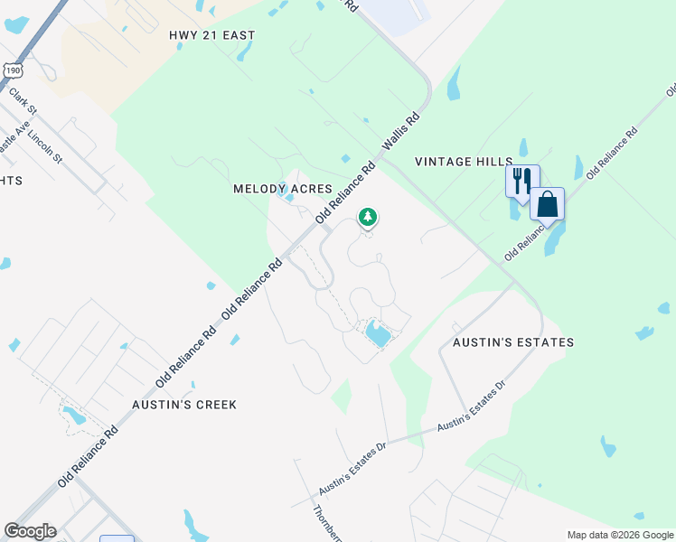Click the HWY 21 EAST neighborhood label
point(212,35)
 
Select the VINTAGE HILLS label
point(464,162)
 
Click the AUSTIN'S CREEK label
point(184,405)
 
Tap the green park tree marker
point(367,217)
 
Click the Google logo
point(30,531)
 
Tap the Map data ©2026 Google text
point(619,535)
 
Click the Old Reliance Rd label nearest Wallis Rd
point(344,193)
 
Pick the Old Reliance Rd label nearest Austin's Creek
point(88,458)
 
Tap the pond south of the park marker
point(377,335)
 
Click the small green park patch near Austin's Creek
point(341,396)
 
